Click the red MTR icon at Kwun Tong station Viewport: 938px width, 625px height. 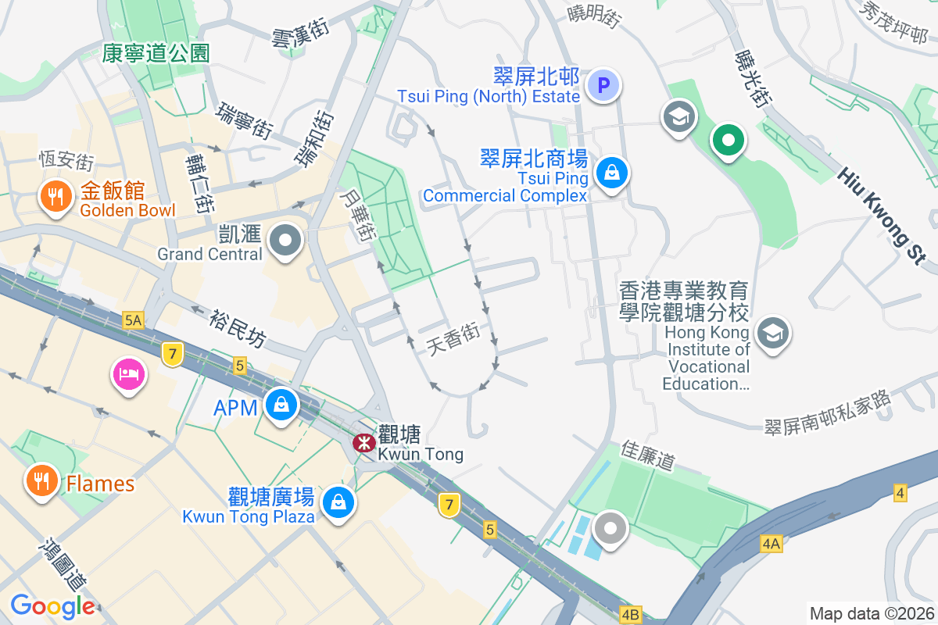[x=363, y=443]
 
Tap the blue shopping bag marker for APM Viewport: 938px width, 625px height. [x=279, y=405]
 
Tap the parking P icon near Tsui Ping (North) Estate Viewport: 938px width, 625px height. [x=603, y=85]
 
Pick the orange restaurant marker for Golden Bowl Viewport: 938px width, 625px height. [x=54, y=198]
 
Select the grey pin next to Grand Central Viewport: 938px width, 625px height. [x=285, y=241]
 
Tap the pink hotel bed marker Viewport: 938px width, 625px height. [x=129, y=374]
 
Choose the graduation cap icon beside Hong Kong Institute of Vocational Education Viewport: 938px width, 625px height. [x=772, y=333]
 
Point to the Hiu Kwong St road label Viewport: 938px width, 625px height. [x=883, y=216]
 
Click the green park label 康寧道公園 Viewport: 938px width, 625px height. [x=156, y=53]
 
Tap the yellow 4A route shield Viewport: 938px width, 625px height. [x=772, y=543]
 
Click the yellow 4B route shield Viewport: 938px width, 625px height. [x=630, y=614]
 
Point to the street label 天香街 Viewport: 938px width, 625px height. [x=453, y=340]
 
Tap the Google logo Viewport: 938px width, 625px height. [x=52, y=605]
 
